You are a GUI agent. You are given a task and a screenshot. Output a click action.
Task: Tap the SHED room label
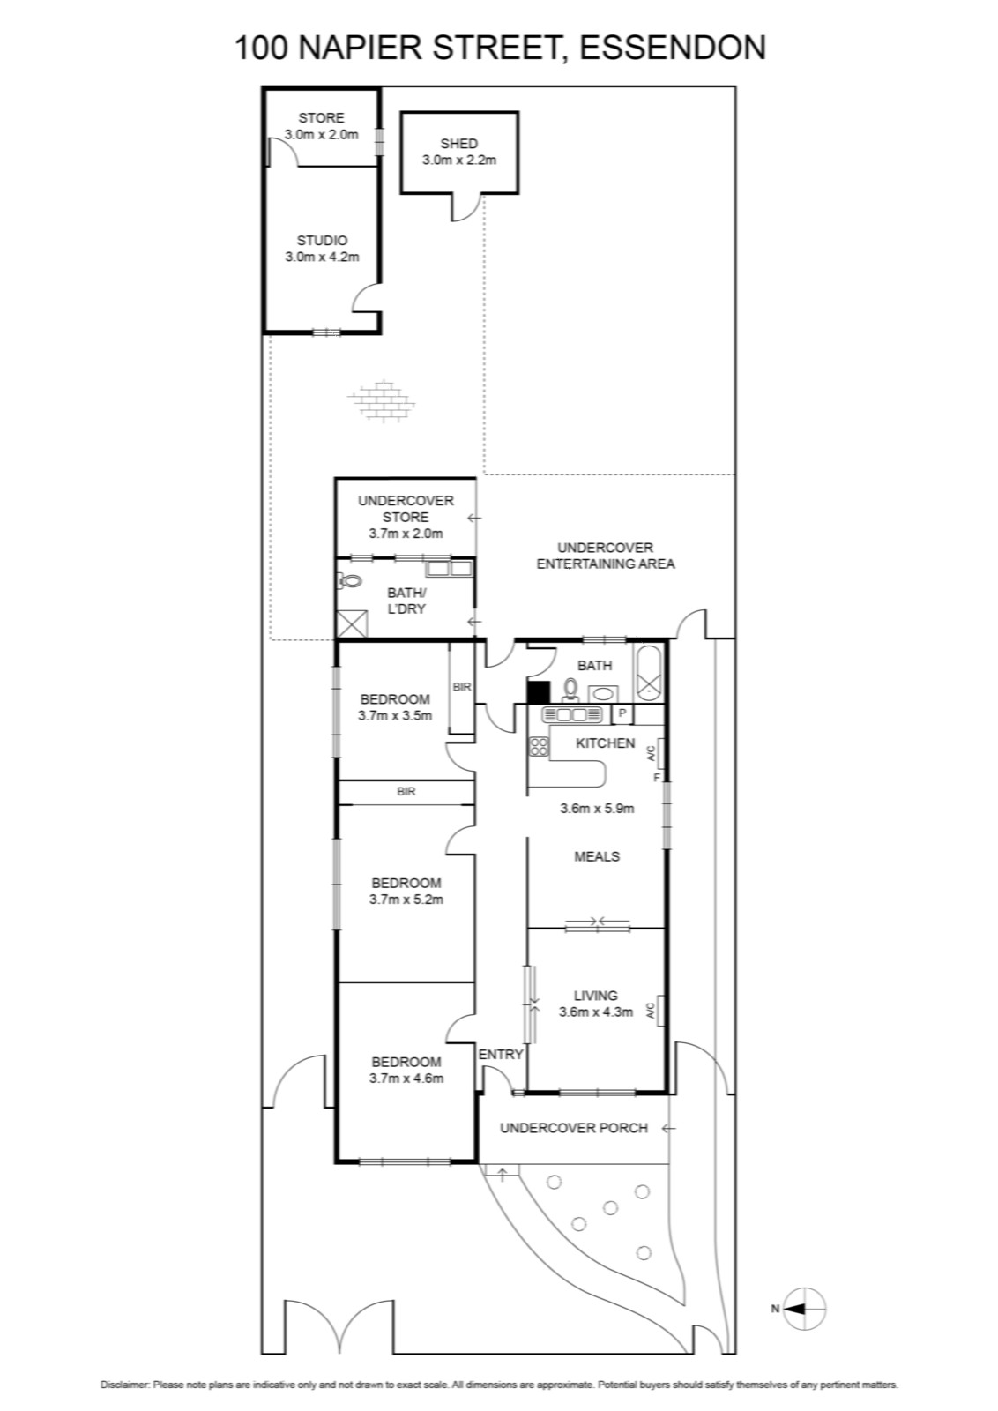coord(458,144)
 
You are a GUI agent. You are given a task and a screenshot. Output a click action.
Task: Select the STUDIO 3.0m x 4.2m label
coord(322,249)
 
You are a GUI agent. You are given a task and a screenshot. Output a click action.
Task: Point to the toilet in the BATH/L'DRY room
coord(349,581)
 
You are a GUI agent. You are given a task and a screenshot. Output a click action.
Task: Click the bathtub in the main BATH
coord(649,674)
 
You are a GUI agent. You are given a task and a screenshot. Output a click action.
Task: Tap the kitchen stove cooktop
coord(539,746)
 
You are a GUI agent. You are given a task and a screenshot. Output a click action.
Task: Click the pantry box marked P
coord(622,713)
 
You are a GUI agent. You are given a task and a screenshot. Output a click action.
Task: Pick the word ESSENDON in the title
coord(672,49)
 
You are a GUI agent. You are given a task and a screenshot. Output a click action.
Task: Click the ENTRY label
coord(501,1055)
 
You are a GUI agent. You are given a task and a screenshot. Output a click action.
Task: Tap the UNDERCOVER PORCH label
coord(574,1128)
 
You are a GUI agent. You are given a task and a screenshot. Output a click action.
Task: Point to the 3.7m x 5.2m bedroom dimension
coord(406,900)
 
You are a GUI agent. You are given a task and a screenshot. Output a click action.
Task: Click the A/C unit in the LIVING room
coord(660,1011)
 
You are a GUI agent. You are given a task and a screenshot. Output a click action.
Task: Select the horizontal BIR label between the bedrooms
coord(406,792)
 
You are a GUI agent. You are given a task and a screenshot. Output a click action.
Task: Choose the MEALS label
coord(596,856)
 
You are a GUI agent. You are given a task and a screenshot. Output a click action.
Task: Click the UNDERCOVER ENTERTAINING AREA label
coord(605,556)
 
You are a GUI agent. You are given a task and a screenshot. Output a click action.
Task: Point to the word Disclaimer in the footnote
coord(124,1385)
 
